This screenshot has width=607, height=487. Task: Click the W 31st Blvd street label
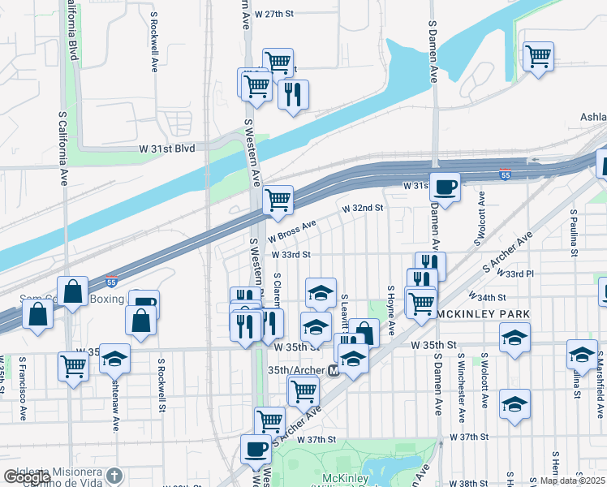(168, 149)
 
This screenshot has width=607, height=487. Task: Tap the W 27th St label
(273, 14)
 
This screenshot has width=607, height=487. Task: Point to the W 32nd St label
(362, 209)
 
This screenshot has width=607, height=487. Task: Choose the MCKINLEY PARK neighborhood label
(483, 314)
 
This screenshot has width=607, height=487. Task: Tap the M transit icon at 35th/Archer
(333, 370)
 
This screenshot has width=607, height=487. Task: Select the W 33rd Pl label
(521, 274)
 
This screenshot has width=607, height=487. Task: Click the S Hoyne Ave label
(391, 311)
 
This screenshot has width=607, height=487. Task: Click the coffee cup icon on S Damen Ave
(445, 187)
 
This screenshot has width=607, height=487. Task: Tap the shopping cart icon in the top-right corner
(538, 57)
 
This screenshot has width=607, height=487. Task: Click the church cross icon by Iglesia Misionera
(114, 476)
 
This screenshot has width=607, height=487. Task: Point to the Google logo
(27, 478)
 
